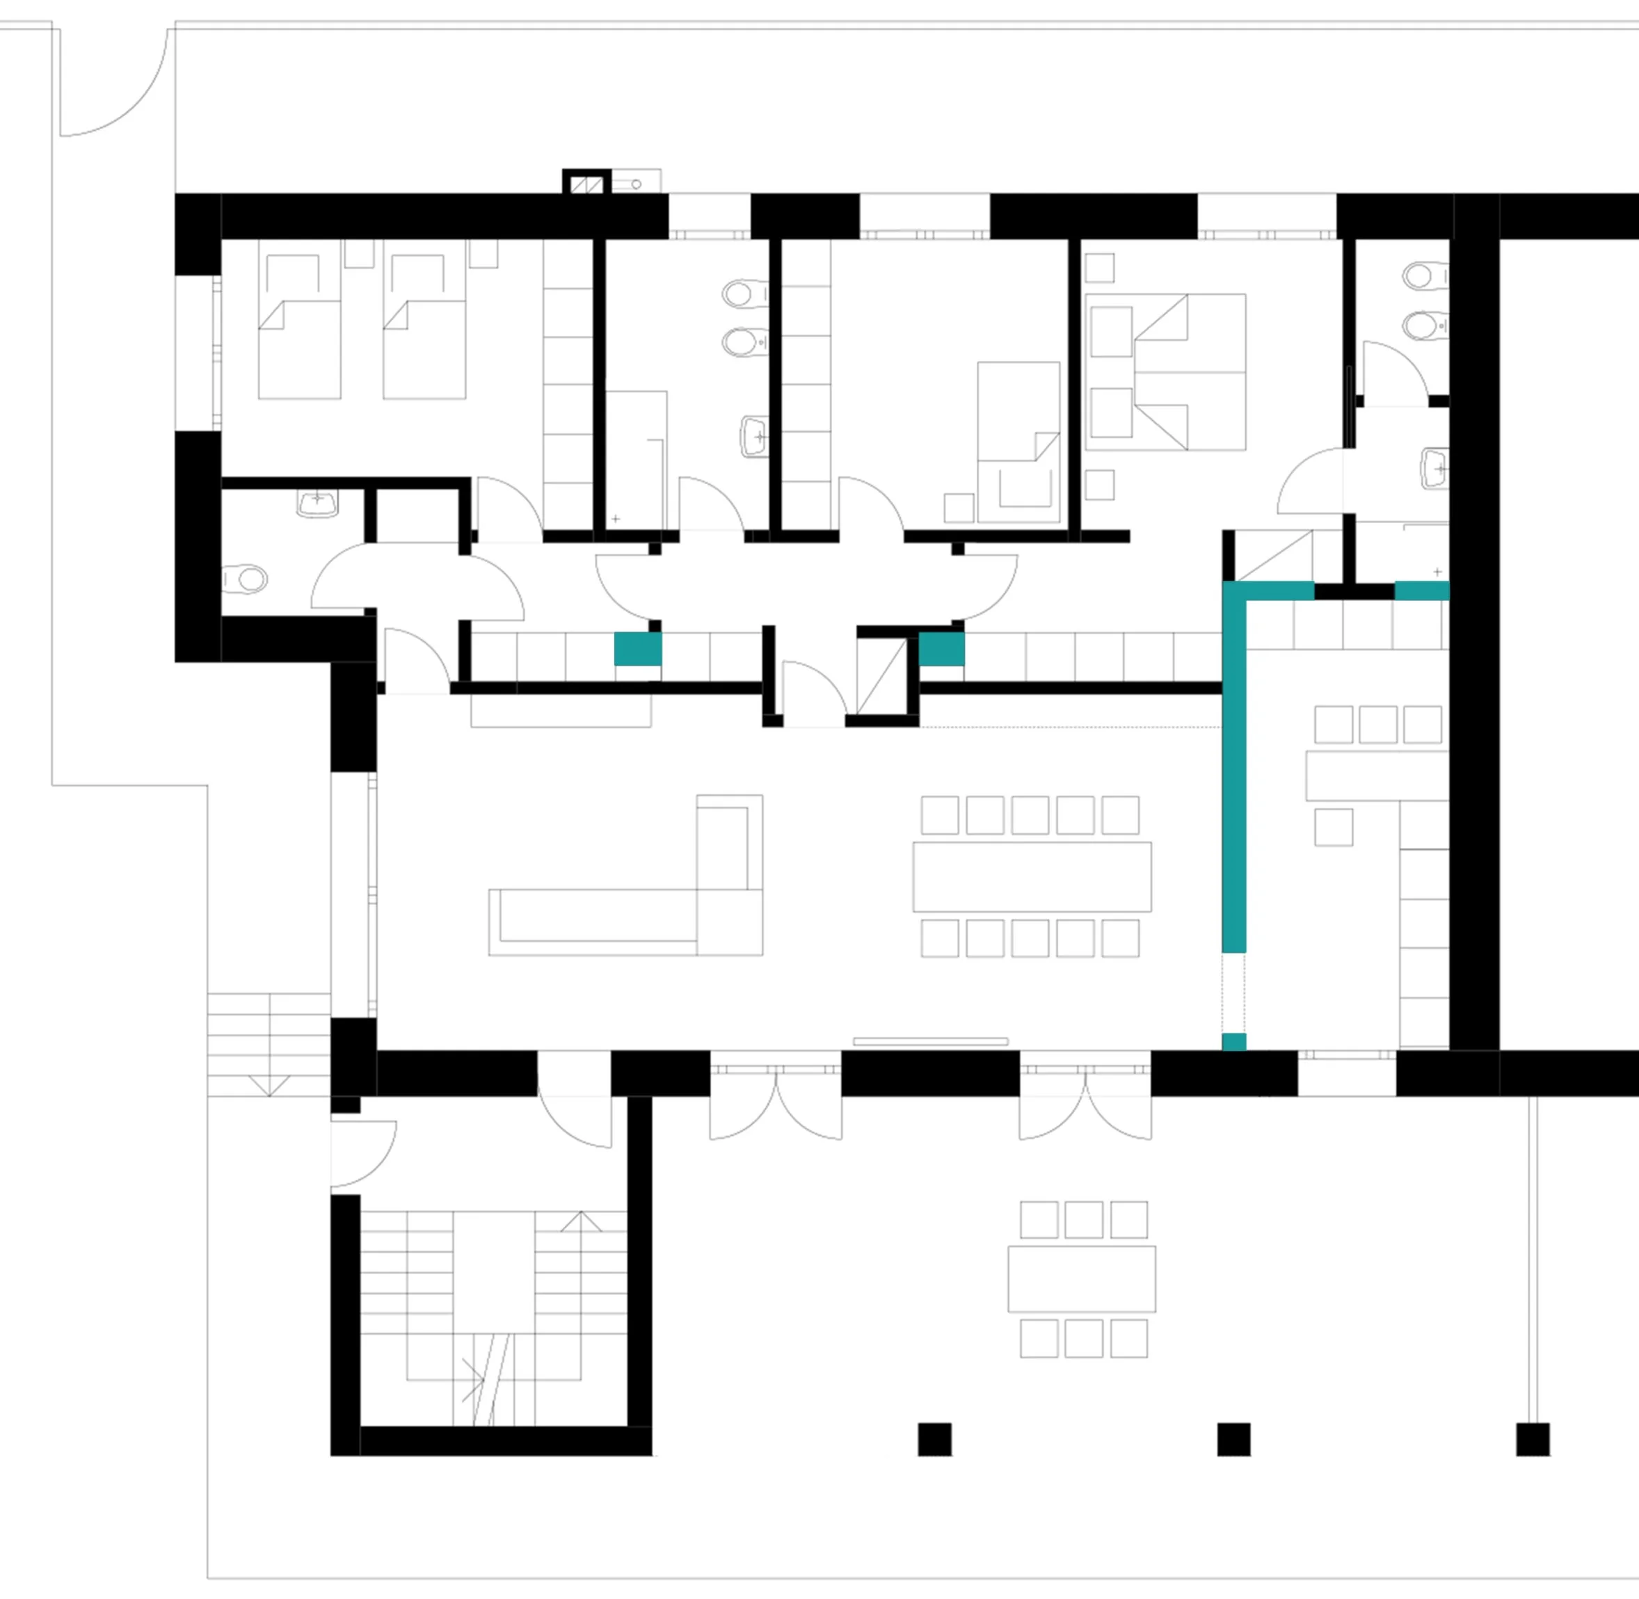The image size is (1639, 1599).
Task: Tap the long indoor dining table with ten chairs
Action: click(x=1032, y=876)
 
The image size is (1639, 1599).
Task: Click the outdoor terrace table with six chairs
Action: click(x=1082, y=1278)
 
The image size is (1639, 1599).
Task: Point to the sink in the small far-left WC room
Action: click(x=317, y=504)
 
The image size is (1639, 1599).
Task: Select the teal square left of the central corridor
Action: click(x=638, y=649)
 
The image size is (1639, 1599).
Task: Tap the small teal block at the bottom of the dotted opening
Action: click(x=1233, y=1041)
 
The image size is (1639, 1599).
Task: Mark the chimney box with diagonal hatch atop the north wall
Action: click(x=586, y=182)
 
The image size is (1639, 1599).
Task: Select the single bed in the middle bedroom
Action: click(x=1018, y=441)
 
